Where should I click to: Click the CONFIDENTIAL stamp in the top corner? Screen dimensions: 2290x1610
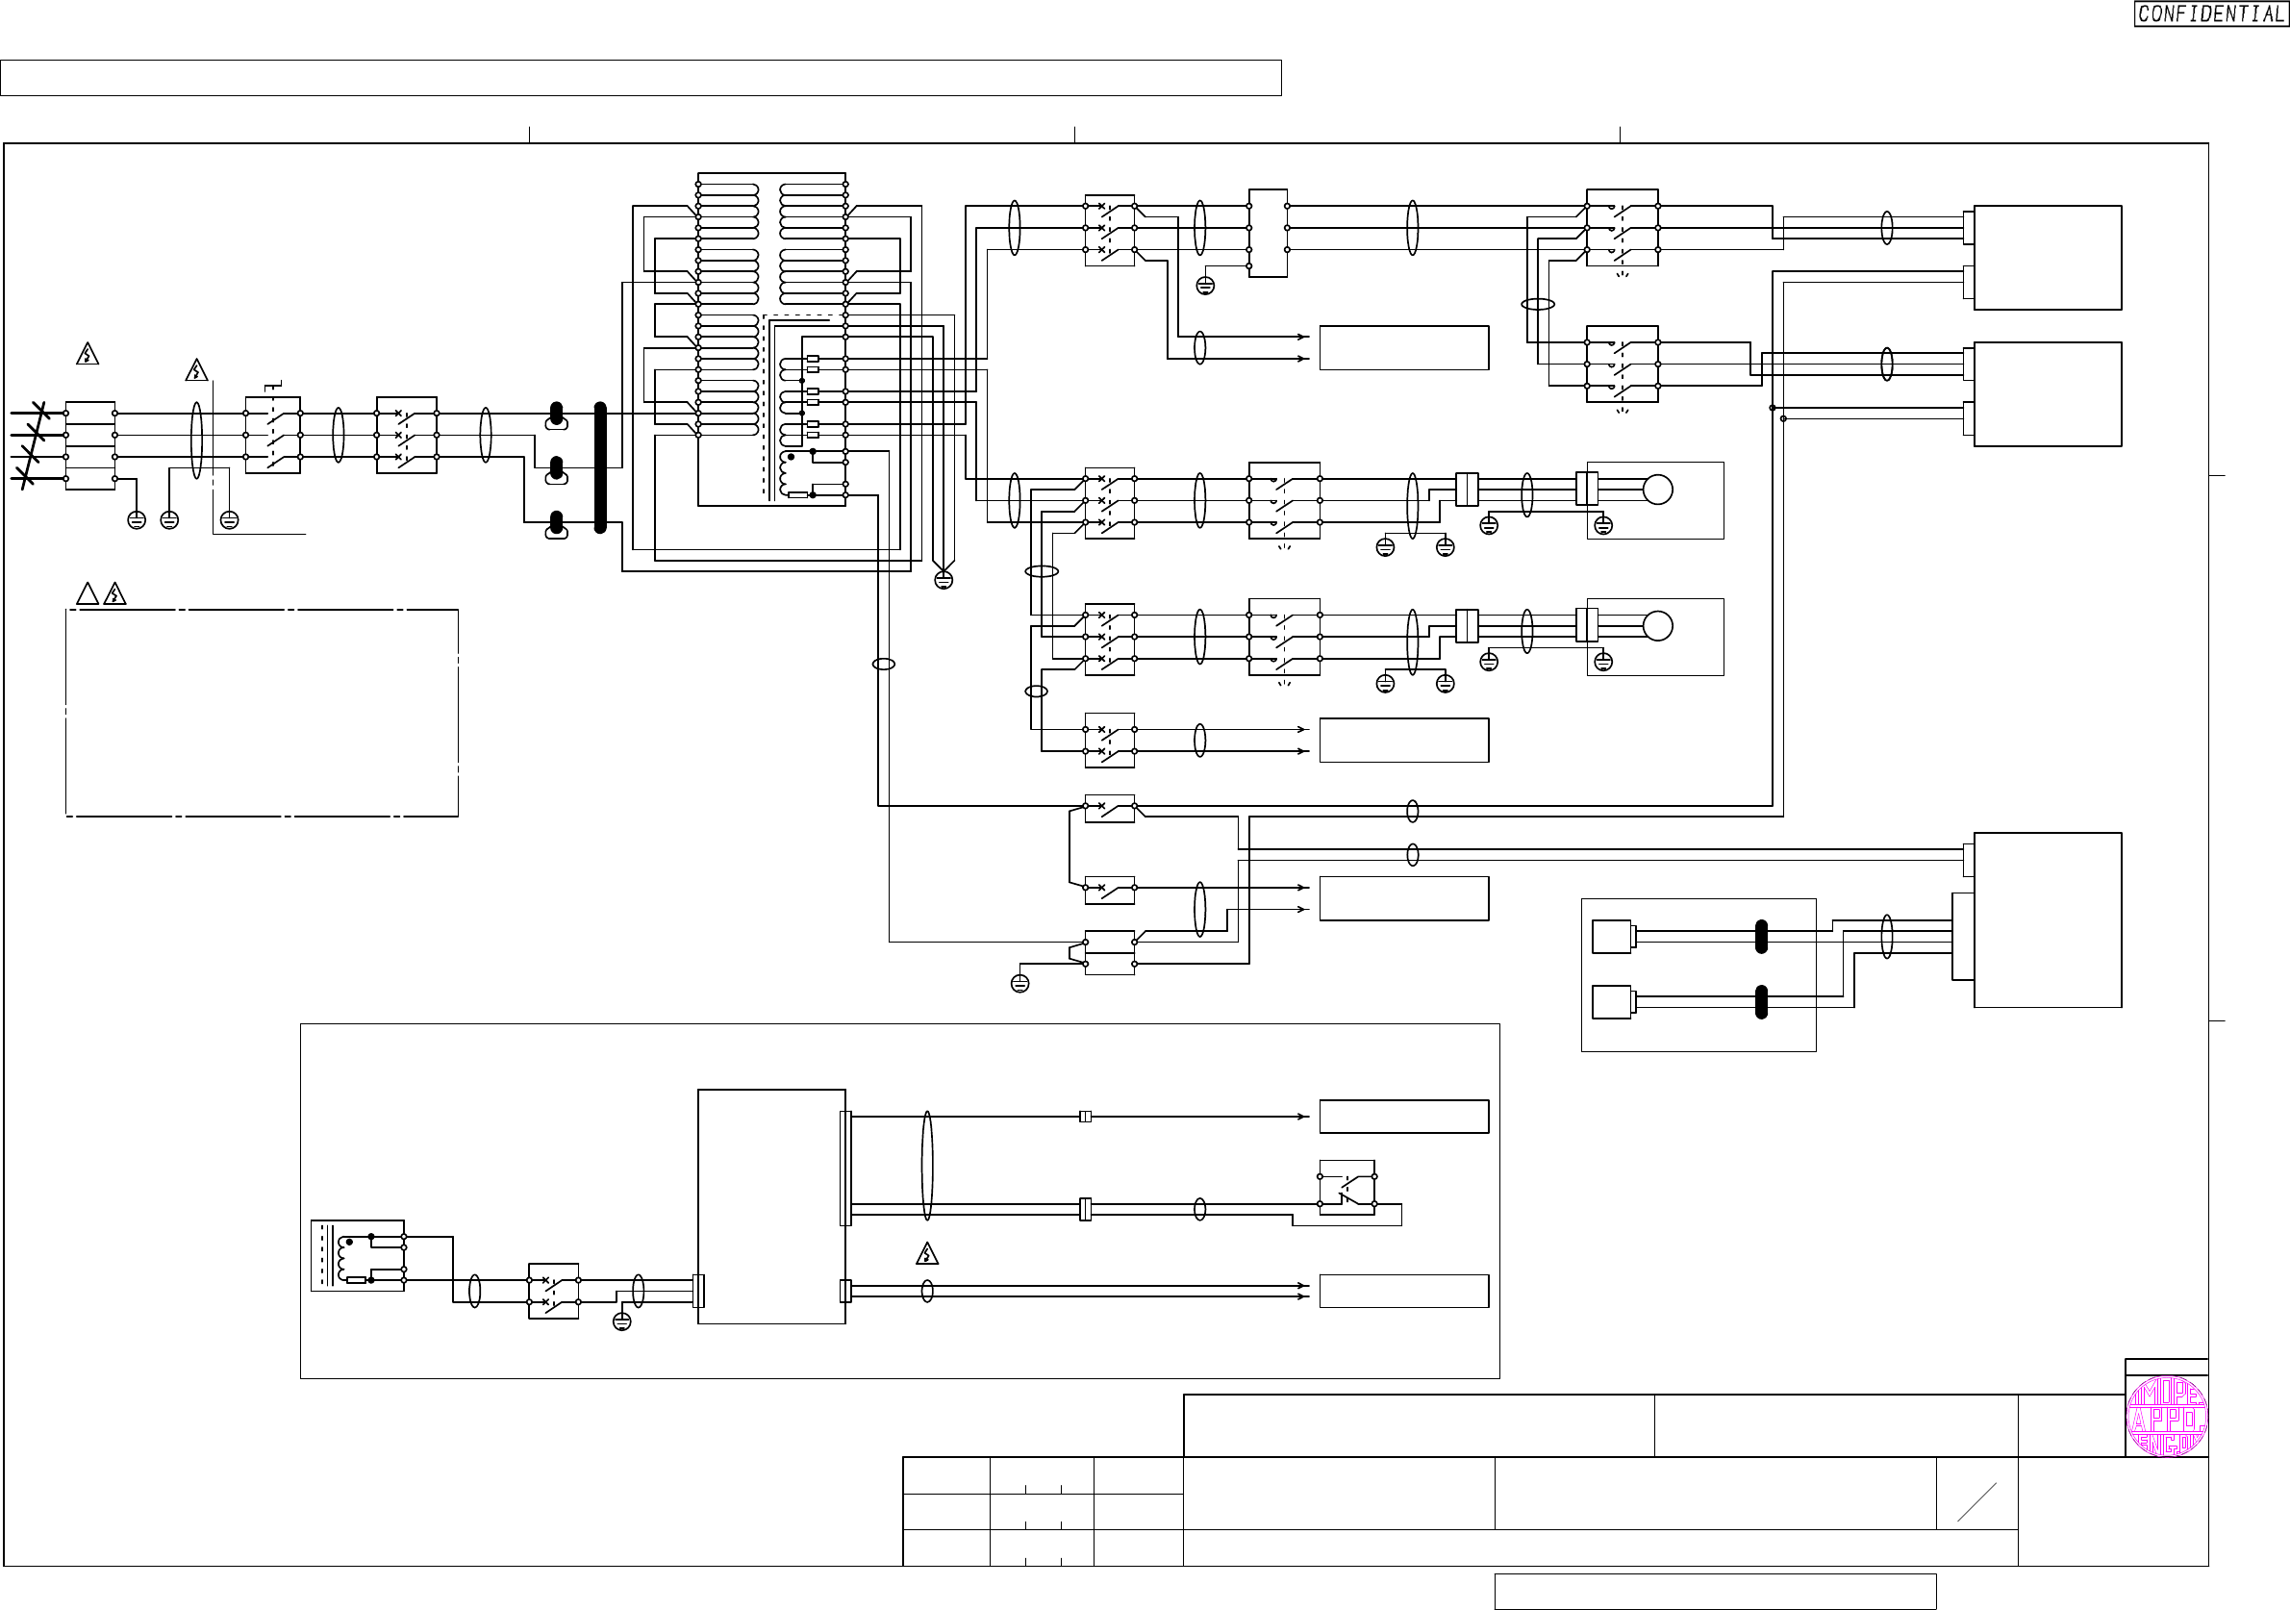2210,14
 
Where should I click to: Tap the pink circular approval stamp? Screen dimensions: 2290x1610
2166,1418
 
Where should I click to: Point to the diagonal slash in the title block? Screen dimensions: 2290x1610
1976,1502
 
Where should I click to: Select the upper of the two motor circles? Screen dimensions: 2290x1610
1658,490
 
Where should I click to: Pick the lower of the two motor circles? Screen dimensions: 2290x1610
1658,626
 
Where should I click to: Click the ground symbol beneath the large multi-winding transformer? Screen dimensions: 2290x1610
944,580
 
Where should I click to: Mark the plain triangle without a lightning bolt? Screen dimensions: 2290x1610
88,594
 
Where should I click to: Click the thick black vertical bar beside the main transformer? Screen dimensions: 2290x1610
600,467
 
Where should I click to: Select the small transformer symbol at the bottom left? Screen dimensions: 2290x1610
357,1256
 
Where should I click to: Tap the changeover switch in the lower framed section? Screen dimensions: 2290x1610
1346,1187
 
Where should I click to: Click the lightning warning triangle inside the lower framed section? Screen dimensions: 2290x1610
926,1254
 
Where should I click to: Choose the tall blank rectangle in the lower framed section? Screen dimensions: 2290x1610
771,1206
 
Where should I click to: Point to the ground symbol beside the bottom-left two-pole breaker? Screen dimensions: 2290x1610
621,1321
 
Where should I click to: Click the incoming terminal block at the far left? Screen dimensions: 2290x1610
90,446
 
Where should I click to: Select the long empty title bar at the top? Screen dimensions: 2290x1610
641,78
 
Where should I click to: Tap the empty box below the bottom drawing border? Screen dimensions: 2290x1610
1715,1591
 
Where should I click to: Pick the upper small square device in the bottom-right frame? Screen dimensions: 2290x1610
1612,937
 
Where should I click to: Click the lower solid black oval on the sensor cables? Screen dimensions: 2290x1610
1761,1001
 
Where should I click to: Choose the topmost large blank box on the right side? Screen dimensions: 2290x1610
2047,258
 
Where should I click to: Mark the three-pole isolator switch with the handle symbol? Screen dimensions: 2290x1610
272,435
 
